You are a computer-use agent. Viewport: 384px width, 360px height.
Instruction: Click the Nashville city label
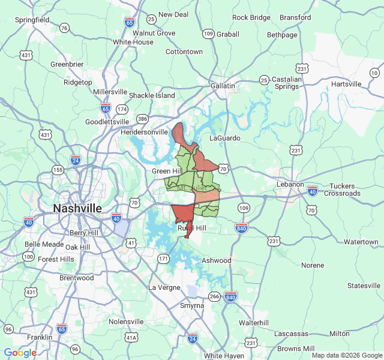[77, 208]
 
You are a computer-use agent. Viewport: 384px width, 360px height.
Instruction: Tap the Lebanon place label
[290, 184]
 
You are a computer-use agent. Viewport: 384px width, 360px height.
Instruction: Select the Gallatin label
[223, 86]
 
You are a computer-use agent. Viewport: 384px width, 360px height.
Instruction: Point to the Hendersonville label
[145, 131]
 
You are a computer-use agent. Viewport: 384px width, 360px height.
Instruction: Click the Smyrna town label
[192, 305]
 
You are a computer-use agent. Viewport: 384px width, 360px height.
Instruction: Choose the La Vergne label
[164, 287]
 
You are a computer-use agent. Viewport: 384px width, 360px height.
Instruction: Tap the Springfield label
[32, 20]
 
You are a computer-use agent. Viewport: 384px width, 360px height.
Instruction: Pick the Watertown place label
[361, 242]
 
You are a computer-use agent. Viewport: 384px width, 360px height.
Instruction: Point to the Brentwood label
[77, 278]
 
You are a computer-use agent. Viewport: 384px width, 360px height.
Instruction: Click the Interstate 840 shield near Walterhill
[231, 297]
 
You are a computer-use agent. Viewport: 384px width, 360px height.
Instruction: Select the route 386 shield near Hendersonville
[142, 119]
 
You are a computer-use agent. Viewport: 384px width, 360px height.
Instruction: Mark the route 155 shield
[58, 170]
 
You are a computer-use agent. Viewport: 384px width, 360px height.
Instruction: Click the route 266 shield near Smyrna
[214, 296]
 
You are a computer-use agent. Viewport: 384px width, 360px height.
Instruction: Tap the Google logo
[20, 353]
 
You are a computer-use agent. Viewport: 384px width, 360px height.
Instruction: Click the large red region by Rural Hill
[183, 215]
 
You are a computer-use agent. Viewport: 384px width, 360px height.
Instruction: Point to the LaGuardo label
[224, 138]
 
